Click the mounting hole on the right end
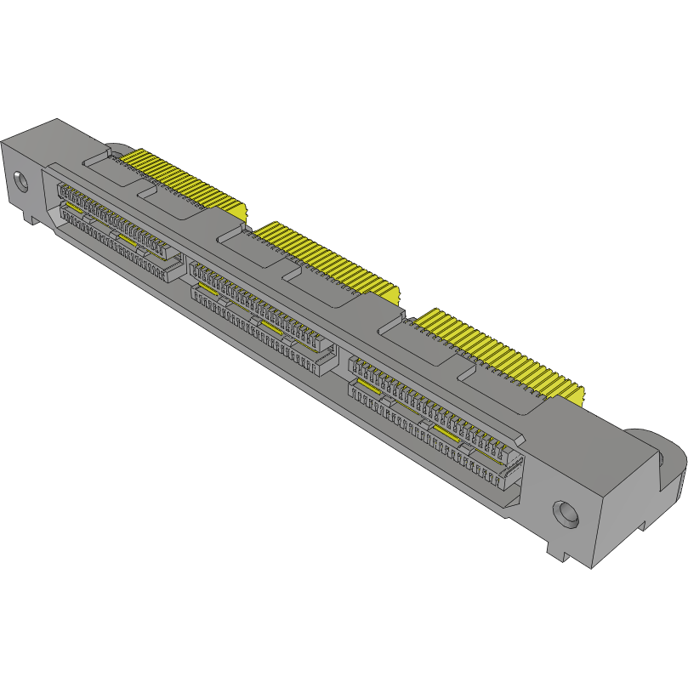tap(566, 514)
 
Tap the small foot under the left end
tap(31, 219)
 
